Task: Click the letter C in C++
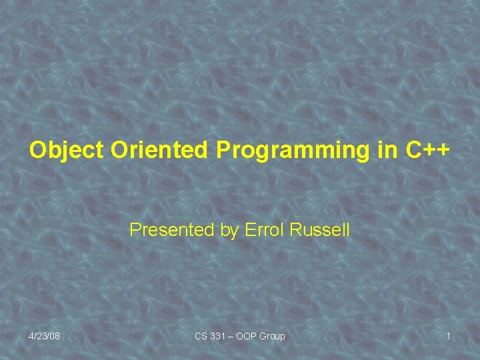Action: pyautogui.click(x=413, y=151)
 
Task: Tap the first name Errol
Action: pyautogui.click(x=265, y=231)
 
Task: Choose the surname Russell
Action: pyautogui.click(x=320, y=231)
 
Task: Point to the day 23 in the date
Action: pyautogui.click(x=41, y=336)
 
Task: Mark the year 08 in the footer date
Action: pyautogui.click(x=54, y=336)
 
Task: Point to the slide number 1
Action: pyautogui.click(x=448, y=336)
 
